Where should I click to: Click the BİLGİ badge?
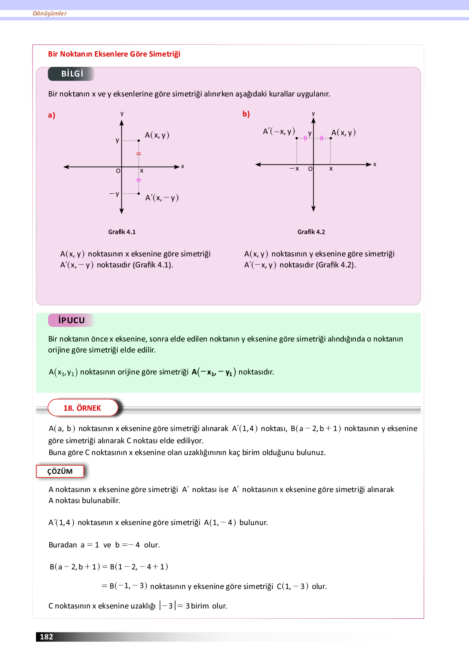[72, 74]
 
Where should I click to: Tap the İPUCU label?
[71, 320]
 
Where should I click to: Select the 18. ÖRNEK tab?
[83, 408]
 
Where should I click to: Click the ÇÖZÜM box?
[60, 471]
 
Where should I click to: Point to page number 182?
[46, 637]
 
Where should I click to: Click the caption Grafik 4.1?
[122, 232]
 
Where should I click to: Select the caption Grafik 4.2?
[311, 232]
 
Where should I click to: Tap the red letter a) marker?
[51, 115]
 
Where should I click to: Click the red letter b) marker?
[246, 114]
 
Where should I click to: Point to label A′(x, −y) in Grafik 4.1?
[162, 198]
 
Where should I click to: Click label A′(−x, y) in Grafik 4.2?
[279, 131]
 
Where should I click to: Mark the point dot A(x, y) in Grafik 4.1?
[139, 141]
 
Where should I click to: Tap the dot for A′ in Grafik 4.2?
[296, 138]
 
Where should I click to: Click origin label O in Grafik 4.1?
[118, 171]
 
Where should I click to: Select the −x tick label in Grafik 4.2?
[294, 169]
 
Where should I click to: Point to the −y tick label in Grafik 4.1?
[114, 194]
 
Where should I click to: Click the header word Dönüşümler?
[50, 13]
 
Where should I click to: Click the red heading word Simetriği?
[164, 54]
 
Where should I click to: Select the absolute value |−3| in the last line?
[168, 606]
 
